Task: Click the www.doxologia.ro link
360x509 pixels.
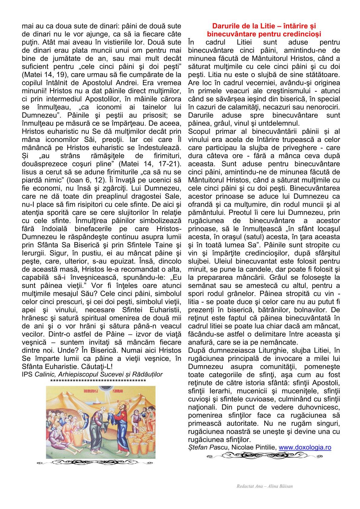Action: pyautogui.click(x=305, y=447)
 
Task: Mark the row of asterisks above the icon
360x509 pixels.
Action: pyautogui.click(x=98, y=380)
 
